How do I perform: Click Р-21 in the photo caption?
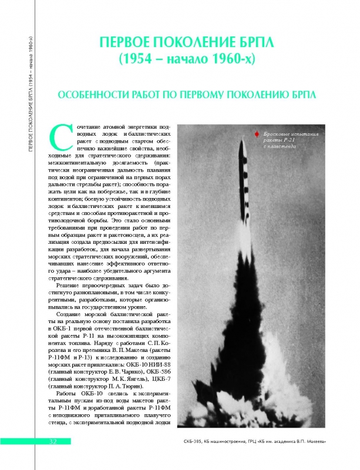[285, 141]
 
